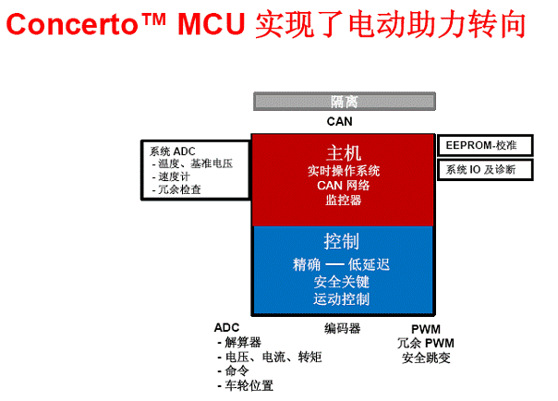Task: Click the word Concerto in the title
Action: tap(73, 24)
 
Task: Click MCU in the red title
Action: tap(212, 24)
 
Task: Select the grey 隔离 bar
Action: tap(344, 102)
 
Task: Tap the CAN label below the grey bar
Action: tap(339, 121)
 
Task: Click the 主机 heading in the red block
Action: tap(344, 153)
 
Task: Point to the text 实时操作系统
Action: tap(344, 171)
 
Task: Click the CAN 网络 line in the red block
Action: tap(344, 186)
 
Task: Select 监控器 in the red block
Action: tap(344, 200)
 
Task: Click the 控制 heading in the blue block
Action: tap(342, 241)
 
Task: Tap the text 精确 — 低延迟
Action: tap(341, 265)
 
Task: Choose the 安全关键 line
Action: tap(342, 282)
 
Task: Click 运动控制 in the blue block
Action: tap(342, 298)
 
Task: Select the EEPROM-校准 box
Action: tap(485, 145)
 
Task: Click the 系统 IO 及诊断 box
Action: tap(485, 170)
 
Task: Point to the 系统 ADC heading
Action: tap(172, 152)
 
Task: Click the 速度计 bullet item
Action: tap(171, 176)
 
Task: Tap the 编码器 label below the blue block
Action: tap(343, 328)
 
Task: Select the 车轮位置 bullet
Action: tap(246, 385)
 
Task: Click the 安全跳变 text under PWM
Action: tap(426, 358)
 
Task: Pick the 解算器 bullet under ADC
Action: tap(239, 342)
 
